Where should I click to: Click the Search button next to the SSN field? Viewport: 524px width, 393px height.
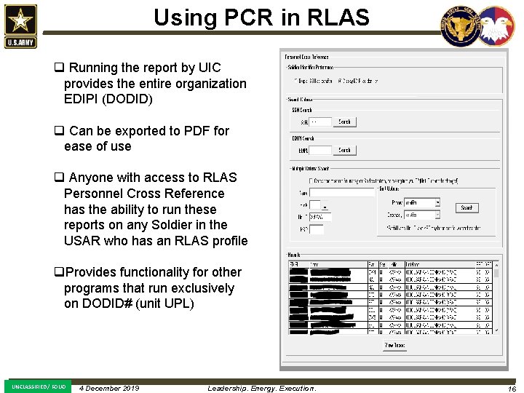(344, 122)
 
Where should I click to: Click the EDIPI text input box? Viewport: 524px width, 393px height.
(320, 151)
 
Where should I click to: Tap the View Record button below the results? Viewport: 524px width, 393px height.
(394, 346)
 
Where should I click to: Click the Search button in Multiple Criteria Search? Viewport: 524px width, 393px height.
(467, 207)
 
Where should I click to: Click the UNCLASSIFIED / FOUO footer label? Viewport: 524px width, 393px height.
(38, 386)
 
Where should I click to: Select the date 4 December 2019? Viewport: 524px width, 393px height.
(109, 388)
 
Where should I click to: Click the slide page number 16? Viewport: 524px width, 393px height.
(512, 389)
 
